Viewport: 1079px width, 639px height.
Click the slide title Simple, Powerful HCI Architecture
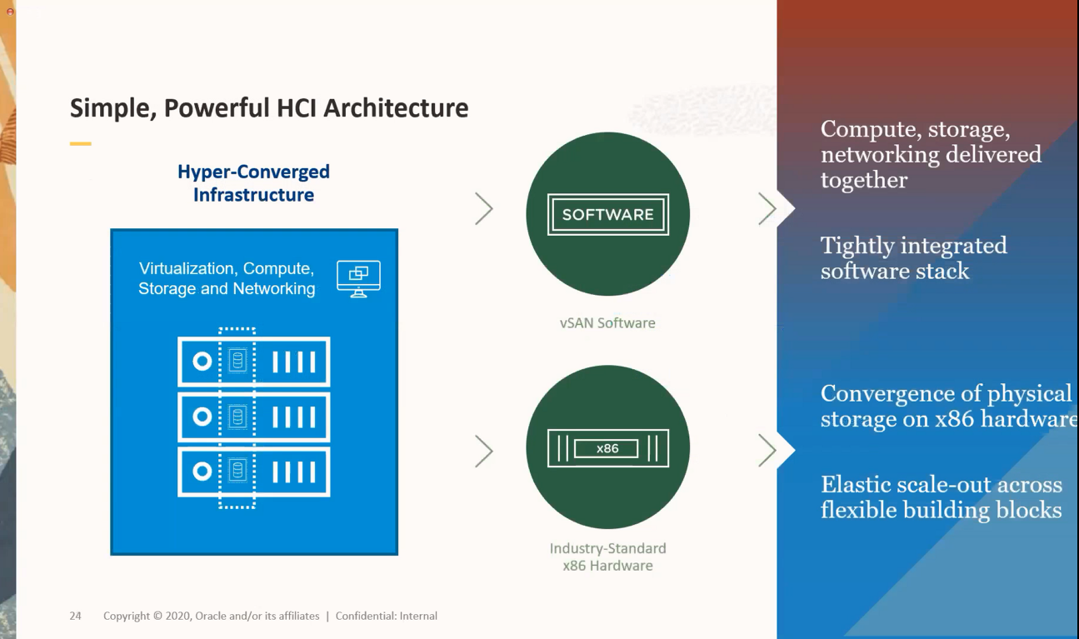[x=268, y=108]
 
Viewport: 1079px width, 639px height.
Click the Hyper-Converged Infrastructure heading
[x=253, y=183]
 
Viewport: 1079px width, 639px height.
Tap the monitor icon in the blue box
[x=358, y=278]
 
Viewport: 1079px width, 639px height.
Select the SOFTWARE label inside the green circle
[x=607, y=215]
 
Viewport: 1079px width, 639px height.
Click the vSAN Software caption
[x=607, y=323]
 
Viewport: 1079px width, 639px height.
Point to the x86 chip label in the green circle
[x=607, y=448]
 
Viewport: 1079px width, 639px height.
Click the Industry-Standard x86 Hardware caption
[x=607, y=557]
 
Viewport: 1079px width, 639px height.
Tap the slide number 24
[x=75, y=617]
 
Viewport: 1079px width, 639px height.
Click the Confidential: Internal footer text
[x=387, y=617]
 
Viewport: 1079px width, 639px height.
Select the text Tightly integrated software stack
[x=913, y=258]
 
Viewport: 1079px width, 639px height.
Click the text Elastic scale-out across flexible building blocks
[x=941, y=497]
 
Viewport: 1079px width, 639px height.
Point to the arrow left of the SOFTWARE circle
[x=484, y=209]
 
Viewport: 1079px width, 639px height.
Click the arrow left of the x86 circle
[x=484, y=452]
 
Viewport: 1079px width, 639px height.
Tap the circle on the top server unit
[x=202, y=362]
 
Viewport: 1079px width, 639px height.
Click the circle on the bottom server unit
[x=202, y=472]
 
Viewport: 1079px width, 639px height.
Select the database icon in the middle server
[x=237, y=417]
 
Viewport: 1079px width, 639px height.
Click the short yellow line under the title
[x=80, y=144]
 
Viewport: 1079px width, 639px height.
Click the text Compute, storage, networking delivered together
[x=930, y=154]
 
